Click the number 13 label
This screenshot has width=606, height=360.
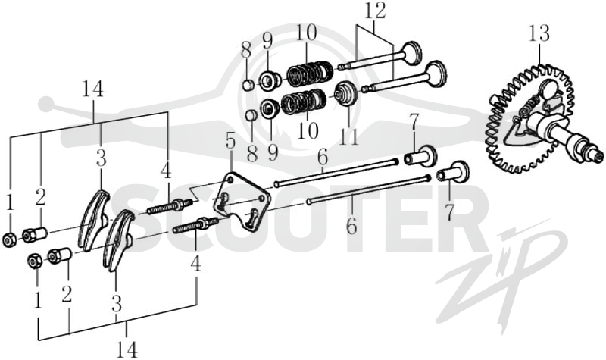(x=539, y=33)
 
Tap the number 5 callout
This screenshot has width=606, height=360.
(x=230, y=142)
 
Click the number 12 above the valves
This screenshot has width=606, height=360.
(x=374, y=12)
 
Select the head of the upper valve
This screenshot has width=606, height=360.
(x=411, y=52)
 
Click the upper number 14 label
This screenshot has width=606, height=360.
(x=92, y=89)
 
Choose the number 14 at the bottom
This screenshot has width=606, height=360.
(x=127, y=350)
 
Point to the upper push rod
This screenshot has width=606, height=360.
(x=336, y=172)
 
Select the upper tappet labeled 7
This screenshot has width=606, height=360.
(x=420, y=156)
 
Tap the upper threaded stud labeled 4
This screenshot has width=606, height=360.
(x=170, y=206)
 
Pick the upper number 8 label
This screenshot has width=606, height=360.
(x=245, y=49)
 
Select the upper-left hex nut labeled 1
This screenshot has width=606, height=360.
(x=8, y=240)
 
